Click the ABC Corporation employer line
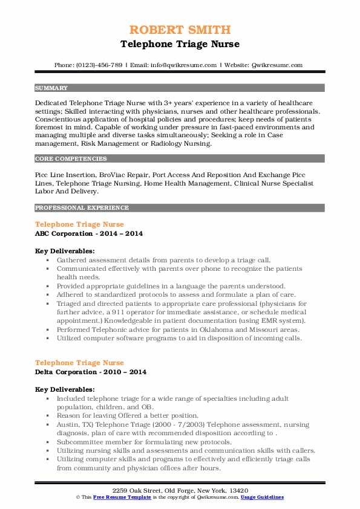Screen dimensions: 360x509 tap(88, 233)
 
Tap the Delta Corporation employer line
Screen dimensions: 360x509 tap(91, 372)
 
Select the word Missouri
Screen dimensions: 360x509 tap(240, 331)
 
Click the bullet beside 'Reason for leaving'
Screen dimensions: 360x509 tap(47, 416)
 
